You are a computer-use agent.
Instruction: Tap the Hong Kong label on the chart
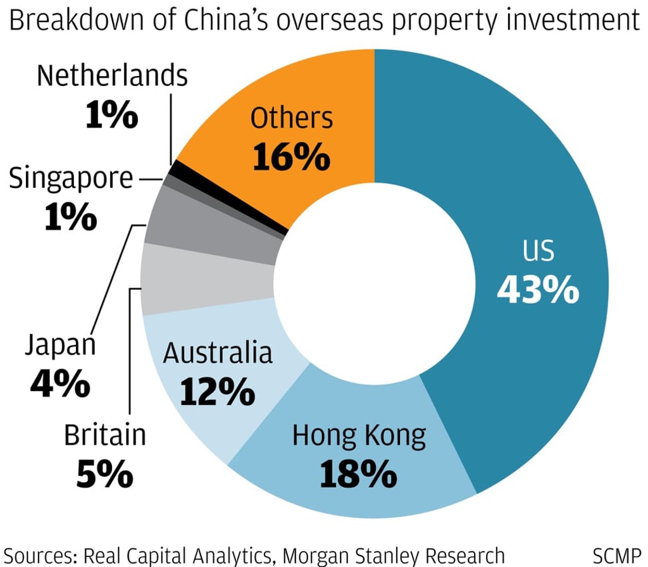pos(359,437)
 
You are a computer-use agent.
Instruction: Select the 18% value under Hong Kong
pos(359,472)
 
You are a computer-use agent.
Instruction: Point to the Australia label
pos(218,353)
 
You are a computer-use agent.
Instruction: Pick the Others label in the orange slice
pos(291,118)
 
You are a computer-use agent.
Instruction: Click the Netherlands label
pos(112,76)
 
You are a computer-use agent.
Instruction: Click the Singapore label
pos(71,179)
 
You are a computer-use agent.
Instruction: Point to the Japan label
pos(60,346)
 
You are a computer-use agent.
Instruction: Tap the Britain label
pos(105,435)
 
